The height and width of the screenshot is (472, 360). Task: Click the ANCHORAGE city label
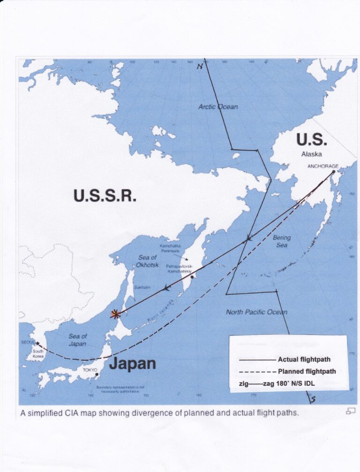[323, 166]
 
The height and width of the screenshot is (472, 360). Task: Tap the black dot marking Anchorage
[334, 172]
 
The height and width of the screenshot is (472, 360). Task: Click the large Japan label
[133, 364]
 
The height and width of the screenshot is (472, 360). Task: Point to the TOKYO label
[90, 370]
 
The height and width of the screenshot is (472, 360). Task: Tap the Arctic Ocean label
[218, 107]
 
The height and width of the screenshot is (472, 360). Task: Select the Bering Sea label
[282, 241]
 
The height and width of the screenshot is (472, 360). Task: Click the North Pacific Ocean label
[256, 312]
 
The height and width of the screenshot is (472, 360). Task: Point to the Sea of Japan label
[77, 340]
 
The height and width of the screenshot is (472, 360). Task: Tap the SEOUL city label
[28, 343]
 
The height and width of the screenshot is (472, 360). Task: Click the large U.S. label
[311, 140]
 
